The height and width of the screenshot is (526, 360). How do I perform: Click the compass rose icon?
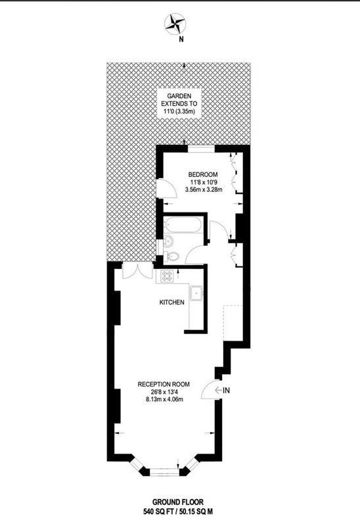pos(175,24)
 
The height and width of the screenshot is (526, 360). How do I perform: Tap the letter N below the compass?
pos(181,39)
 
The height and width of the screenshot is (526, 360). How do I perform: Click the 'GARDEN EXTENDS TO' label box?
pos(179,103)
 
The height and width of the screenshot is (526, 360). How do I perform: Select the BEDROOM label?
pos(203,174)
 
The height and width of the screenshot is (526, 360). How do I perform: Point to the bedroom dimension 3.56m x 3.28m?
pos(204,189)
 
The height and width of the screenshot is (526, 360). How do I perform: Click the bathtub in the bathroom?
pos(183,224)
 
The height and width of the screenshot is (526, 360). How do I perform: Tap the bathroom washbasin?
pos(168,241)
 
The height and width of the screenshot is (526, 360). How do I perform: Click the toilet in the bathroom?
pos(171,256)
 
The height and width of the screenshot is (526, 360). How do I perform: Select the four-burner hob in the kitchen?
pos(168,276)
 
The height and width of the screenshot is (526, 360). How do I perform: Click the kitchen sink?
pos(196,293)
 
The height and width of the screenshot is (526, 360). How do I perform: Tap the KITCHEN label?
pos(171,302)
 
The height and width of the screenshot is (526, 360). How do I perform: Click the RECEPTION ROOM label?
pos(164,384)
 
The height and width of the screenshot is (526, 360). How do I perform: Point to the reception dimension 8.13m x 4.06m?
pos(164,399)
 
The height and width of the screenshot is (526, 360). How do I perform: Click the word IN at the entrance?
pos(226,391)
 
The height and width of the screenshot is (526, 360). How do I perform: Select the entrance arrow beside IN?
pos(218,390)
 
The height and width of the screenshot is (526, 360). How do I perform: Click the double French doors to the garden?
pos(136,270)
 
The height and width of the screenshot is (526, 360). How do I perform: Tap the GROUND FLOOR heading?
pos(177,502)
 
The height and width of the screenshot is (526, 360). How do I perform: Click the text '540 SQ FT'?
pos(157,512)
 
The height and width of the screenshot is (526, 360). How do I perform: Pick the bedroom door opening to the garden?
pos(168,189)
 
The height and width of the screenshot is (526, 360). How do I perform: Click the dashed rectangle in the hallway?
pos(233,323)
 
